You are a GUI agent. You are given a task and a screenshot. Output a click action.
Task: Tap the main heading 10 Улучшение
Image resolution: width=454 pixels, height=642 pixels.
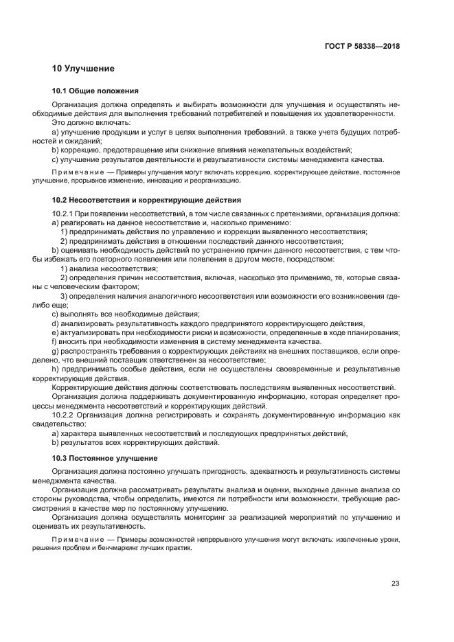click(x=83, y=69)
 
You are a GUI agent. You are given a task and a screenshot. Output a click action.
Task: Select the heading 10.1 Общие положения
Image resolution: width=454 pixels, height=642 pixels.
click(x=95, y=91)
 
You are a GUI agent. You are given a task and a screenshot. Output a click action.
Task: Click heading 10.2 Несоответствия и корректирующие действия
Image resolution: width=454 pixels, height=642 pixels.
click(x=146, y=200)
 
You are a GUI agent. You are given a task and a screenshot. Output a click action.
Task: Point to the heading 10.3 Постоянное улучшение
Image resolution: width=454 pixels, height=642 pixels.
click(x=105, y=458)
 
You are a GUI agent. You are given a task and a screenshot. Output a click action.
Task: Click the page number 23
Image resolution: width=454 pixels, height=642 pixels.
click(x=395, y=584)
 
